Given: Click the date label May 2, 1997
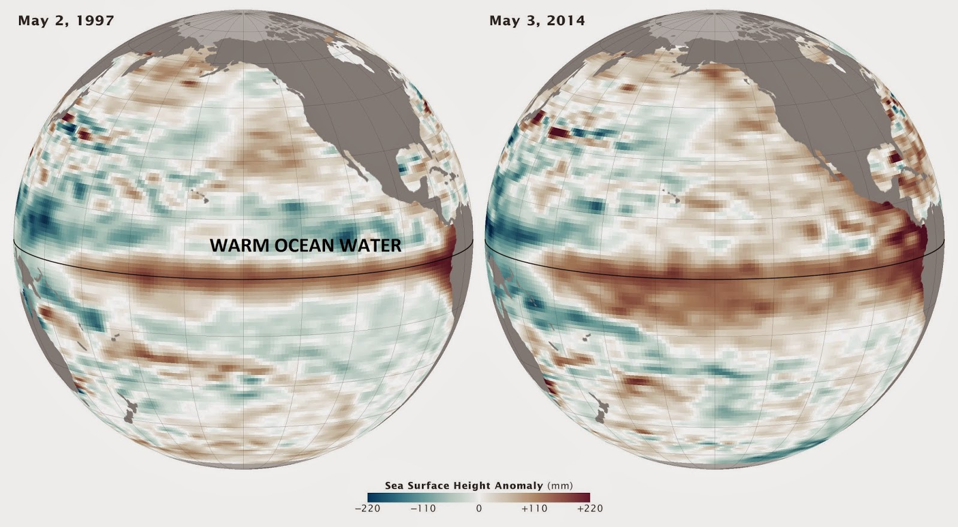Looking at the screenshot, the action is [66, 20].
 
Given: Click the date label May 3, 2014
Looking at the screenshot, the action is [537, 20].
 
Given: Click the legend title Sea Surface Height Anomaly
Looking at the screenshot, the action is [464, 486].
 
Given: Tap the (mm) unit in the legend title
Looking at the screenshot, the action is [560, 486].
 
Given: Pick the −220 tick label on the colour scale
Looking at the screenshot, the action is [368, 508].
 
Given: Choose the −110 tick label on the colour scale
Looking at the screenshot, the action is [423, 508].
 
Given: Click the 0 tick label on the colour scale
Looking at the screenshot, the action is [479, 508].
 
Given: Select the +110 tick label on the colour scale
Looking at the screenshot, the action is [535, 508].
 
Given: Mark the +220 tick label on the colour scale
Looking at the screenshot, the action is [590, 508].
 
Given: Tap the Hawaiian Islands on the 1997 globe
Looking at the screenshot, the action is [201, 197].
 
